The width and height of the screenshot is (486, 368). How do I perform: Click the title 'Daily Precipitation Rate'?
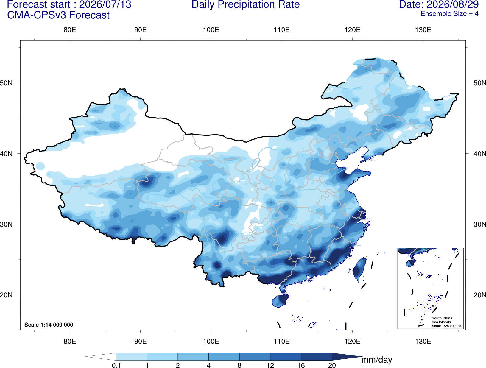pyautogui.click(x=246, y=4)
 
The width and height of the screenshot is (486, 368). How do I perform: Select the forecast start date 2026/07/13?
pyautogui.click(x=105, y=4)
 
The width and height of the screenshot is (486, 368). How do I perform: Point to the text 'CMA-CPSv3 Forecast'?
pyautogui.click(x=58, y=15)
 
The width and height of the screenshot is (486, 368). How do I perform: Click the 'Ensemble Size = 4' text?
pyautogui.click(x=449, y=14)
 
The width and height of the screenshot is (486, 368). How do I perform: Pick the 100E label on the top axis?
pyautogui.click(x=211, y=30)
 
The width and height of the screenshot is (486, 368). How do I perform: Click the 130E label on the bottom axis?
pyautogui.click(x=423, y=341)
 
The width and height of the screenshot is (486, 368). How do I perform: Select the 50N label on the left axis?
pyautogui.click(x=6, y=83)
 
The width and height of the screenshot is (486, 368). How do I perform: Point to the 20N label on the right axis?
pyautogui.click(x=480, y=295)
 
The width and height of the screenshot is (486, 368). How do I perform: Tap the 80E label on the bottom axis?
pyautogui.click(x=70, y=341)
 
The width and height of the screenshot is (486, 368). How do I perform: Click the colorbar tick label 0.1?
pyautogui.click(x=116, y=365)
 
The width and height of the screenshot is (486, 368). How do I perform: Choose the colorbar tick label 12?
pyautogui.click(x=270, y=365)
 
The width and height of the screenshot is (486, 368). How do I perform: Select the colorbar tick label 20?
pyautogui.click(x=332, y=365)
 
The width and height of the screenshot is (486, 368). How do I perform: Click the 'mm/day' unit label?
pyautogui.click(x=377, y=360)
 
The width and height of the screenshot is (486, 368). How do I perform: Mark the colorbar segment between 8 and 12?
pyautogui.click(x=255, y=356)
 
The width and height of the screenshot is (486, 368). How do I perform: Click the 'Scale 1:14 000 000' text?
pyautogui.click(x=49, y=325)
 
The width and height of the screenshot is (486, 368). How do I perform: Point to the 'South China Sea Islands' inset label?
pyautogui.click(x=442, y=320)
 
